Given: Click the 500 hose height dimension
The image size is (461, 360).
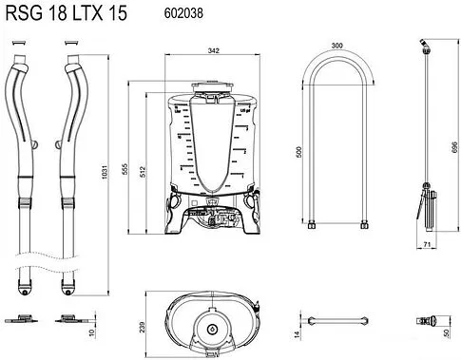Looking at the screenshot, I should (299, 152).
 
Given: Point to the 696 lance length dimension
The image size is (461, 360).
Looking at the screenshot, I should (453, 141).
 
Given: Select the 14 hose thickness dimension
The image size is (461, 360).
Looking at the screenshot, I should (296, 332).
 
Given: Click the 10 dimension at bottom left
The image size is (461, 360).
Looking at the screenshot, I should (92, 332).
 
